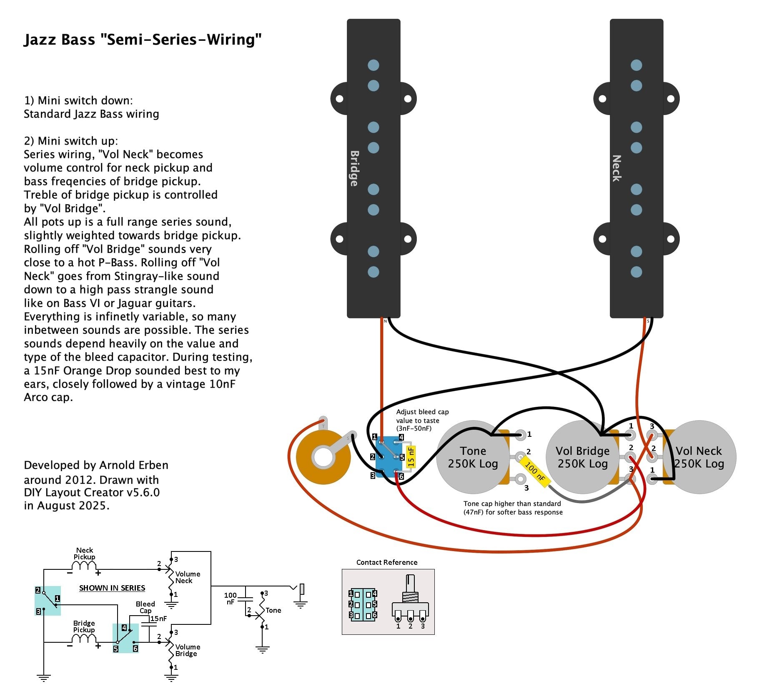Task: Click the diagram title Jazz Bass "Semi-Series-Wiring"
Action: (x=143, y=40)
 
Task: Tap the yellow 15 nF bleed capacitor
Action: (x=411, y=456)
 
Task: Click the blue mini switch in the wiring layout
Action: (x=388, y=457)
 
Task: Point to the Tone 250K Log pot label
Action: (x=473, y=457)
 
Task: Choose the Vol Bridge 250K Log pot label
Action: (x=582, y=457)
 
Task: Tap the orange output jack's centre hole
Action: (x=323, y=457)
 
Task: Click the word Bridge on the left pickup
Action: (x=354, y=168)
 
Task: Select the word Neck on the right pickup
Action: (x=617, y=168)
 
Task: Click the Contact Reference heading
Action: (x=387, y=562)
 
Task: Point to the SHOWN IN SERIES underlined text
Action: (x=112, y=588)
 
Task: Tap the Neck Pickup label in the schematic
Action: (x=85, y=554)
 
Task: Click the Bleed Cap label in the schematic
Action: (x=145, y=607)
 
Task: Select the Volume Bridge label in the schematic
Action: (x=188, y=650)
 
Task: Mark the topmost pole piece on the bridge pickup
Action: (x=373, y=65)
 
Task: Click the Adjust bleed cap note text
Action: (x=422, y=420)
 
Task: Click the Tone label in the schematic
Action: (x=273, y=610)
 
